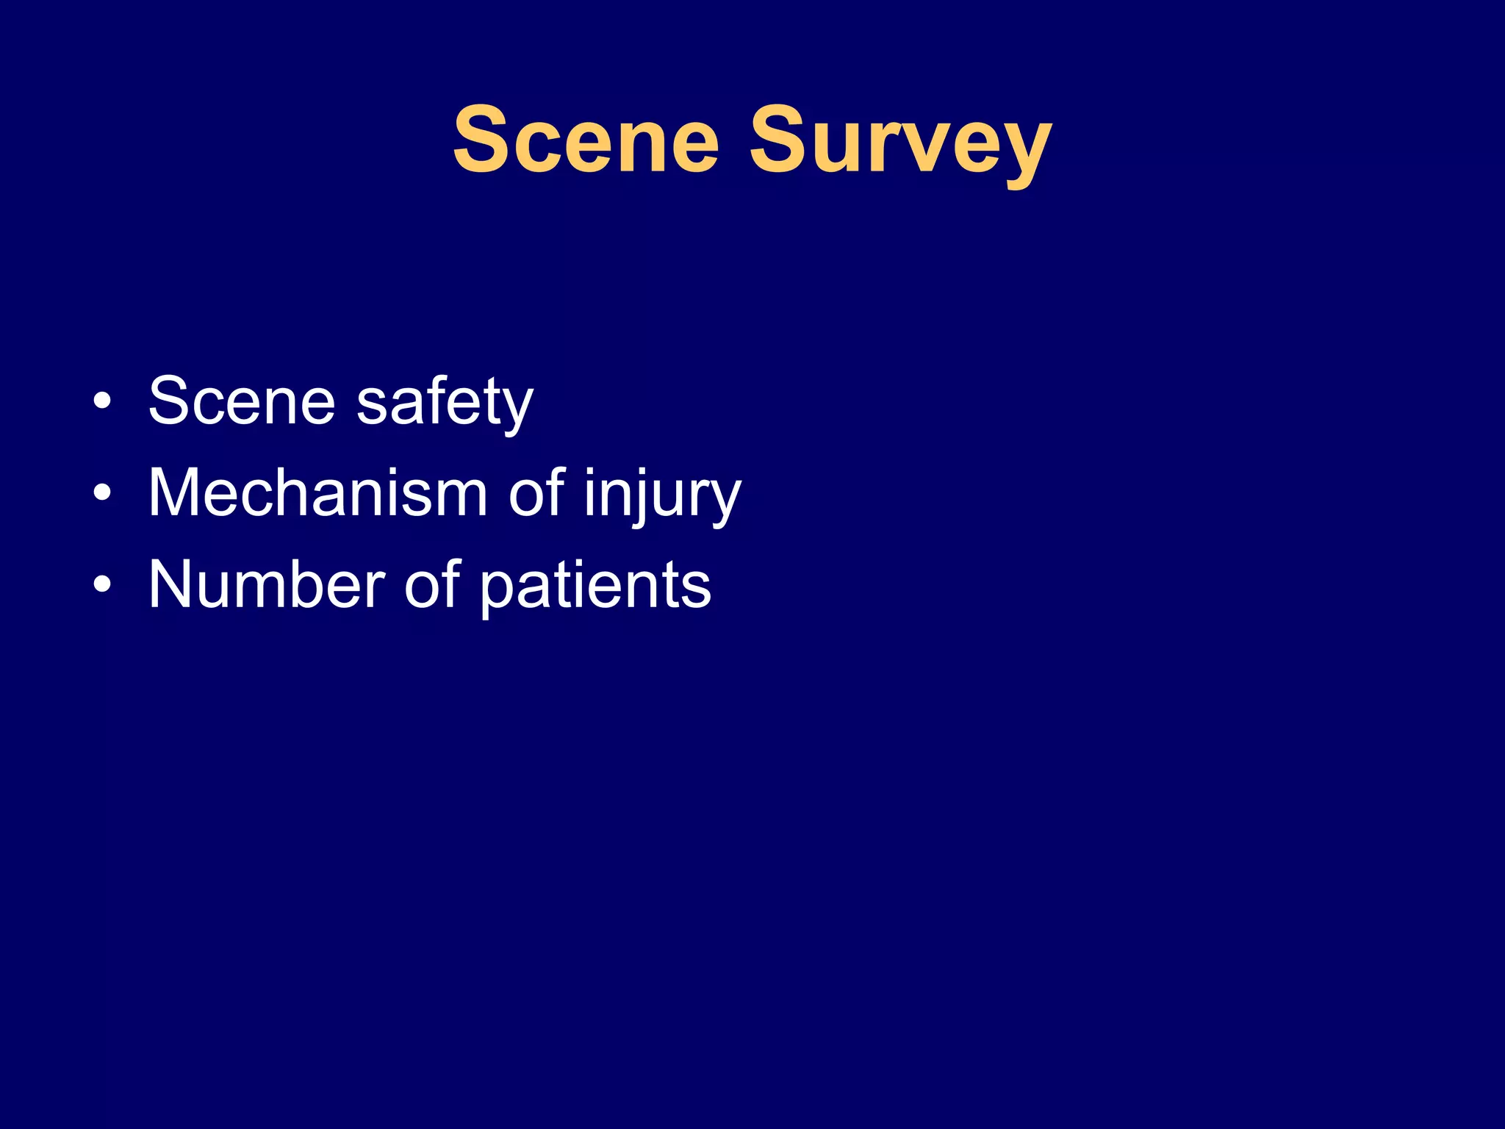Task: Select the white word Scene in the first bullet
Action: point(242,401)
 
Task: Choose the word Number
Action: point(267,585)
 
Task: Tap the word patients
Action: point(595,587)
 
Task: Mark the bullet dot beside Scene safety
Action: point(103,402)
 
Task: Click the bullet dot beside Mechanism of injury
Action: point(103,493)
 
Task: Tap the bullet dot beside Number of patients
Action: point(103,585)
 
